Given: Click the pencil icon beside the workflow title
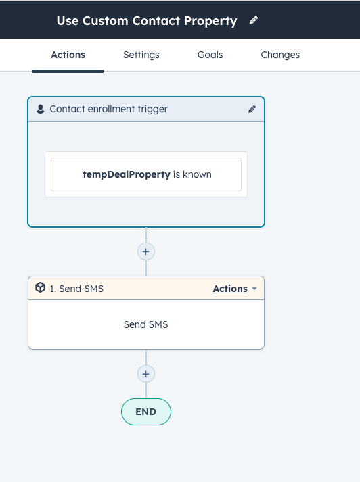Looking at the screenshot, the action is (x=254, y=20).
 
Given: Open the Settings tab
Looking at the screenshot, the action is (x=141, y=55).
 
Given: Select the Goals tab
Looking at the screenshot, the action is (x=210, y=55).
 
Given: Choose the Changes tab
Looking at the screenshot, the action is (x=280, y=55).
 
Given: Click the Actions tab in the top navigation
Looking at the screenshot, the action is (x=68, y=55).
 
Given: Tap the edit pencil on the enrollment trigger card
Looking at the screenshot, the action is (x=252, y=109).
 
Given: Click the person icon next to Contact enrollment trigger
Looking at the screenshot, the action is (x=41, y=109).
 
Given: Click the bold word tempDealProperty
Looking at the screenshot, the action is (x=127, y=174).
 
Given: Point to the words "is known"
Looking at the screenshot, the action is (x=192, y=174).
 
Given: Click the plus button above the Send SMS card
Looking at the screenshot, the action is (x=146, y=251).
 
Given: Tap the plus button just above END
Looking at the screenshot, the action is (x=146, y=374).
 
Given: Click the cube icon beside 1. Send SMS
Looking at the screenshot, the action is (x=41, y=287).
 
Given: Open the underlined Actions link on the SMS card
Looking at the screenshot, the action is (x=230, y=289).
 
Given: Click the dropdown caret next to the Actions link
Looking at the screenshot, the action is (x=254, y=289).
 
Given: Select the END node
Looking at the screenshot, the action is (x=146, y=412).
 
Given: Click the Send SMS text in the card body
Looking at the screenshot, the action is (x=146, y=324).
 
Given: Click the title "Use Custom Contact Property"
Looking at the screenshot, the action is (x=147, y=21).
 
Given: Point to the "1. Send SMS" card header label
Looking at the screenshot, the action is (x=76, y=289).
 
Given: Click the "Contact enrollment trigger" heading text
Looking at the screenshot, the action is (x=109, y=109).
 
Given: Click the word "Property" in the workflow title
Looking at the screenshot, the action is (x=210, y=21).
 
